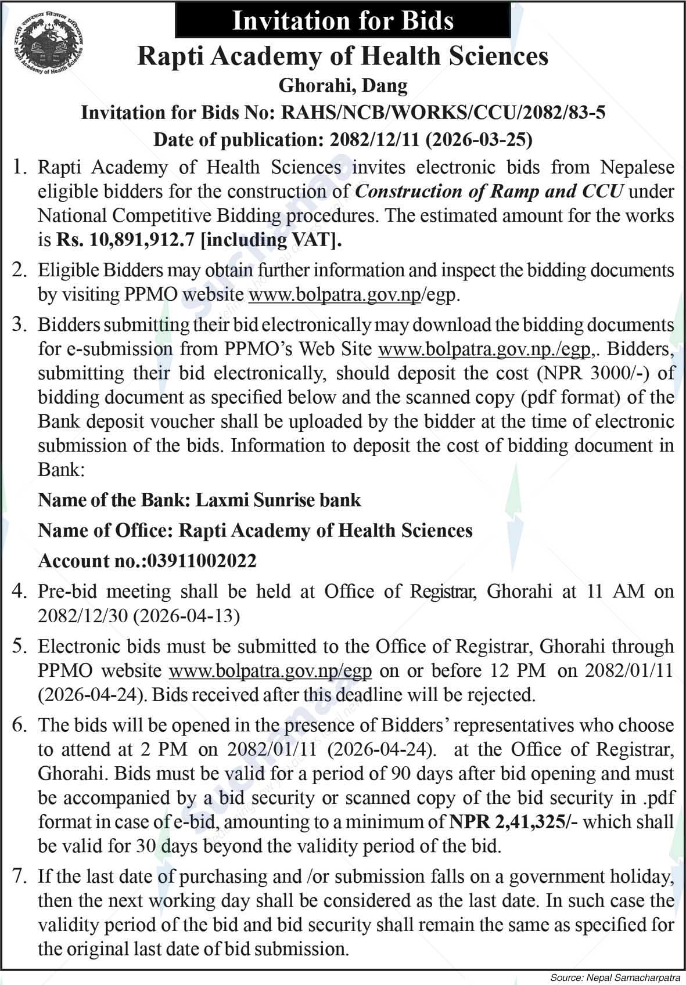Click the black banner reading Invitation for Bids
point(342,21)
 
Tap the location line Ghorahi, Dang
point(343,86)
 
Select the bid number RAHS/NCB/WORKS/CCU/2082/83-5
point(443,112)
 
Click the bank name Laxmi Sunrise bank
point(278,500)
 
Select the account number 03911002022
point(202,561)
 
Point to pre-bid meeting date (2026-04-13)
point(187,615)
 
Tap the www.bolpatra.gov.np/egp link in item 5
point(270,670)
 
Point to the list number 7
point(20,876)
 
